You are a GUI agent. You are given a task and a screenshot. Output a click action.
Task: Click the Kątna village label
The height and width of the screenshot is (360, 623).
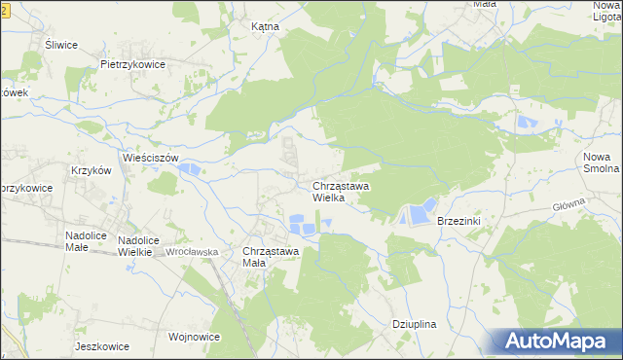tap(265, 27)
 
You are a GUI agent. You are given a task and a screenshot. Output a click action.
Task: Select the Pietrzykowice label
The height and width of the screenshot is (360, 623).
tap(132, 64)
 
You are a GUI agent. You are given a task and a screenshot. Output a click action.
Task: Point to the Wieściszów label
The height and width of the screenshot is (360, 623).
tap(151, 157)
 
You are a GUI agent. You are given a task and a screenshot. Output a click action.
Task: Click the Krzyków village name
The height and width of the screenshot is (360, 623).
tap(92, 169)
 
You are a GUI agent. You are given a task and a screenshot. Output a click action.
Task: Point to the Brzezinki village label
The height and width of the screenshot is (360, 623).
tap(460, 221)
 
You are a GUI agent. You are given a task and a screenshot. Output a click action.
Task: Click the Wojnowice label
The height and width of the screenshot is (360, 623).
tap(194, 337)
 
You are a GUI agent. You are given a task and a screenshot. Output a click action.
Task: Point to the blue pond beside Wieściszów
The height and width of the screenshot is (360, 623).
tap(190, 170)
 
